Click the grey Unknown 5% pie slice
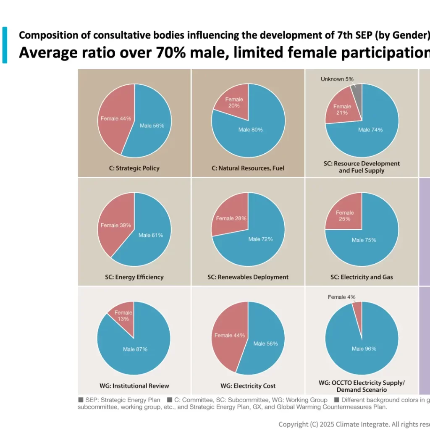click(x=357, y=92)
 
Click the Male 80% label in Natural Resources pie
click(x=250, y=130)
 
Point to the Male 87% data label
click(x=135, y=349)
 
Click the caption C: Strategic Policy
click(x=134, y=168)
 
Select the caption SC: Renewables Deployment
click(x=248, y=277)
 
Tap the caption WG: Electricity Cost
click(x=248, y=386)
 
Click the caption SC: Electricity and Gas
click(x=362, y=277)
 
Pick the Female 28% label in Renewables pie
click(x=231, y=218)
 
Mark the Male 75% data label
click(x=364, y=240)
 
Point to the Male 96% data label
click(x=364, y=349)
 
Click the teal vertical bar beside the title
click(x=5, y=45)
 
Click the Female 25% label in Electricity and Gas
click(x=345, y=216)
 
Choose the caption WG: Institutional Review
click(x=134, y=386)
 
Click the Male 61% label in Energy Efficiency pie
click(x=151, y=235)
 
